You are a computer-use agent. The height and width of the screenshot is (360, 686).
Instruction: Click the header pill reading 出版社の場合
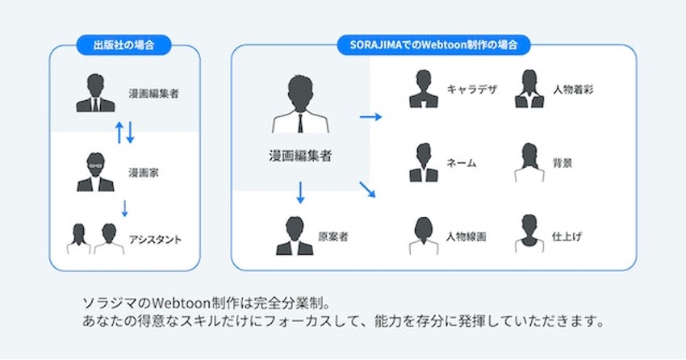coord(123,44)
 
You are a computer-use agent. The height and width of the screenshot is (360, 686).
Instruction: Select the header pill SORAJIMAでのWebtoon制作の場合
coord(433,44)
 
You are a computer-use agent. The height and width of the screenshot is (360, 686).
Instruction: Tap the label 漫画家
coord(141,173)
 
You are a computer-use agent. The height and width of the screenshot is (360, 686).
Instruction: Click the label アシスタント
coord(155,239)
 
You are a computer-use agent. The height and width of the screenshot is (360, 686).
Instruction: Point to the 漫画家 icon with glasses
coord(95,171)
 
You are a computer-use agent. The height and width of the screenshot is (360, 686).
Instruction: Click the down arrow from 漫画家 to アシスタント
coord(125,207)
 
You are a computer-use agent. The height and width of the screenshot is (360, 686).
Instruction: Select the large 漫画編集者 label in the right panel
coord(300,156)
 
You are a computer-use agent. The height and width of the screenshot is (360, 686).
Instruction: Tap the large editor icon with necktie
coord(300,105)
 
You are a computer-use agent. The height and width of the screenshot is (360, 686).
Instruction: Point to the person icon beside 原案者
coord(295,236)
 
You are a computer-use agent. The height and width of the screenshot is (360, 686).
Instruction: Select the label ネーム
coord(462,163)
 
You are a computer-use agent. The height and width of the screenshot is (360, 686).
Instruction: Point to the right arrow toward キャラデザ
coord(370,117)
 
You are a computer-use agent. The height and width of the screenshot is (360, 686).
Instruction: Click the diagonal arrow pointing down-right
coord(367,190)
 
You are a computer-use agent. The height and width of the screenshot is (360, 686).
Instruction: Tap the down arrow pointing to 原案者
coord(300,192)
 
